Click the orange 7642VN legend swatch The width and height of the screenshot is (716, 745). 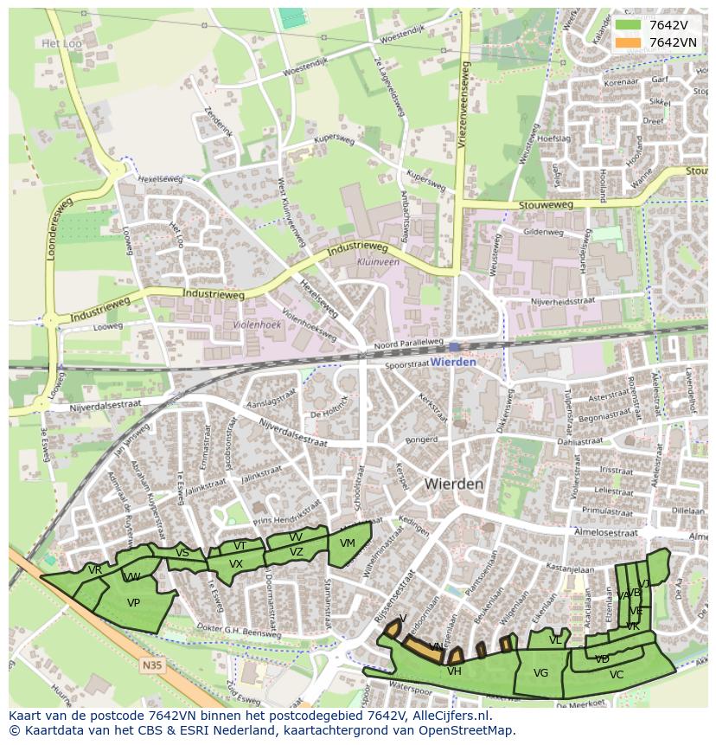tap(629, 42)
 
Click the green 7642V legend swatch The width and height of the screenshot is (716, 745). tap(629, 25)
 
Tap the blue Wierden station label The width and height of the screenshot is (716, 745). tap(453, 362)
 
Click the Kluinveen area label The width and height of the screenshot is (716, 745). tap(378, 261)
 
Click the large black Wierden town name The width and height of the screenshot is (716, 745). tap(453, 485)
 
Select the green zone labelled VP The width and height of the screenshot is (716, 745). tap(133, 603)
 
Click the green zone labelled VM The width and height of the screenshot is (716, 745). tap(348, 543)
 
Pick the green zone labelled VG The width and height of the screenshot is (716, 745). tap(540, 673)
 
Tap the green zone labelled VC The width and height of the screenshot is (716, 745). tap(617, 675)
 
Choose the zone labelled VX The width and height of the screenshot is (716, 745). tap(235, 564)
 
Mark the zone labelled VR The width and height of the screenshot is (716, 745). tap(95, 569)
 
